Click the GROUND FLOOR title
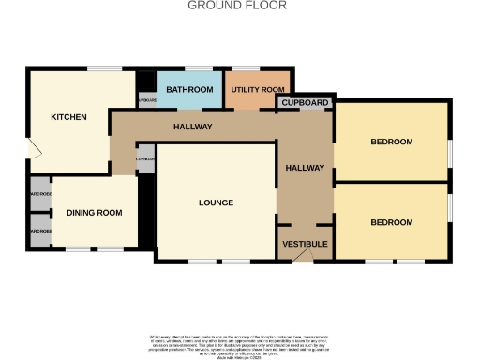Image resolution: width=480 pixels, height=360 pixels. click(238, 6)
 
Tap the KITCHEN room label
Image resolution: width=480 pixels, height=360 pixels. click(68, 117)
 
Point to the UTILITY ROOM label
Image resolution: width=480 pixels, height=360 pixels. click(251, 89)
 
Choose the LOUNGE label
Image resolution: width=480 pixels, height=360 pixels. click(216, 202)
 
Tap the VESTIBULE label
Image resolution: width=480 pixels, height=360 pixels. click(306, 244)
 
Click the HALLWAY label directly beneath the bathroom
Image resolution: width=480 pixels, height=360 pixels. click(192, 127)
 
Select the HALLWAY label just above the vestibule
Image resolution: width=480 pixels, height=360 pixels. click(306, 168)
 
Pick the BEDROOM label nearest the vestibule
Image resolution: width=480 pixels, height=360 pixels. click(391, 222)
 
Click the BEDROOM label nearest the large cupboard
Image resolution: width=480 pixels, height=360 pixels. click(391, 142)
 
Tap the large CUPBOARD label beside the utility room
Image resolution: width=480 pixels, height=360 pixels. click(306, 101)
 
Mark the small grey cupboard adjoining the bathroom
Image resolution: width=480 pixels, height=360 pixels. click(147, 99)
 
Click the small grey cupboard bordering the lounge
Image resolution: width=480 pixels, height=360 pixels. click(145, 158)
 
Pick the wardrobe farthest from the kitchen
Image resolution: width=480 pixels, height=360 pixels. click(39, 231)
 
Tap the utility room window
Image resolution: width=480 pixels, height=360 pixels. click(247, 67)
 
